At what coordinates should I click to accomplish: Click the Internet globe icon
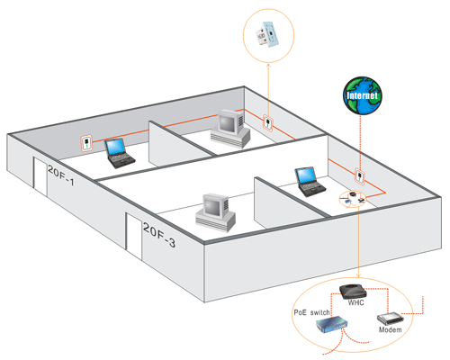363,95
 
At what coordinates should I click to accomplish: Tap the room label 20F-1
60,175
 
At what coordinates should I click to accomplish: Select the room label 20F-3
159,235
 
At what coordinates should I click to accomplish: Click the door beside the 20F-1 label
40,176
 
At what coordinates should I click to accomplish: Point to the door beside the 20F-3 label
133,236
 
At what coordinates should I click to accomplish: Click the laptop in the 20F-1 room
119,153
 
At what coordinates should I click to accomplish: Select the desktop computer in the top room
230,129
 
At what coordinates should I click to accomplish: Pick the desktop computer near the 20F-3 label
215,212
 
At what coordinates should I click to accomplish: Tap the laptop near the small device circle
310,182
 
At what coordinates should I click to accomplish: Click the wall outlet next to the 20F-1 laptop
86,143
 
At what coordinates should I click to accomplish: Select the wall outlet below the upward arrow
267,122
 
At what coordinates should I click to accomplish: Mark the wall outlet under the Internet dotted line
360,176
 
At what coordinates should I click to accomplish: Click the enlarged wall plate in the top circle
267,34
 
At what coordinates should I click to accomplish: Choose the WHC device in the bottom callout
353,291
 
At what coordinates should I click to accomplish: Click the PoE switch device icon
332,324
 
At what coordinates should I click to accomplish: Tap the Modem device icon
390,319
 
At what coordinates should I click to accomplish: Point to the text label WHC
355,302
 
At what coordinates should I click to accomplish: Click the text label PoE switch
311,312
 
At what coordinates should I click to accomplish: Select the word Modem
390,329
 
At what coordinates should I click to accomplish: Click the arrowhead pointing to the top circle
268,66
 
